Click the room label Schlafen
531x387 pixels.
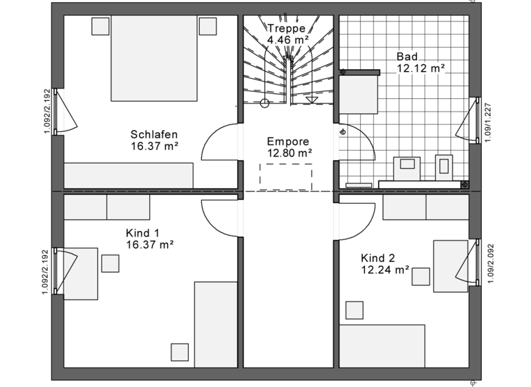(154, 134)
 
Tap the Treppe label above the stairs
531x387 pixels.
(287, 29)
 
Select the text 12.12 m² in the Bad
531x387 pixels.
(420, 68)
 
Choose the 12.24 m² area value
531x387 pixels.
(385, 270)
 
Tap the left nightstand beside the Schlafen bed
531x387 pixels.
(100, 26)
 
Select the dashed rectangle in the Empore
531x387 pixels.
(286, 176)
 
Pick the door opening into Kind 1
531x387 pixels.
(220, 215)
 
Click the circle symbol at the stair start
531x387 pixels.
(264, 104)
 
